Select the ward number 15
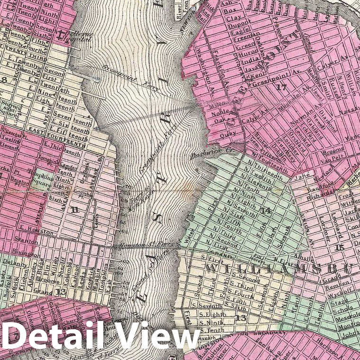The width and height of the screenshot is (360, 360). pos(340,247)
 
